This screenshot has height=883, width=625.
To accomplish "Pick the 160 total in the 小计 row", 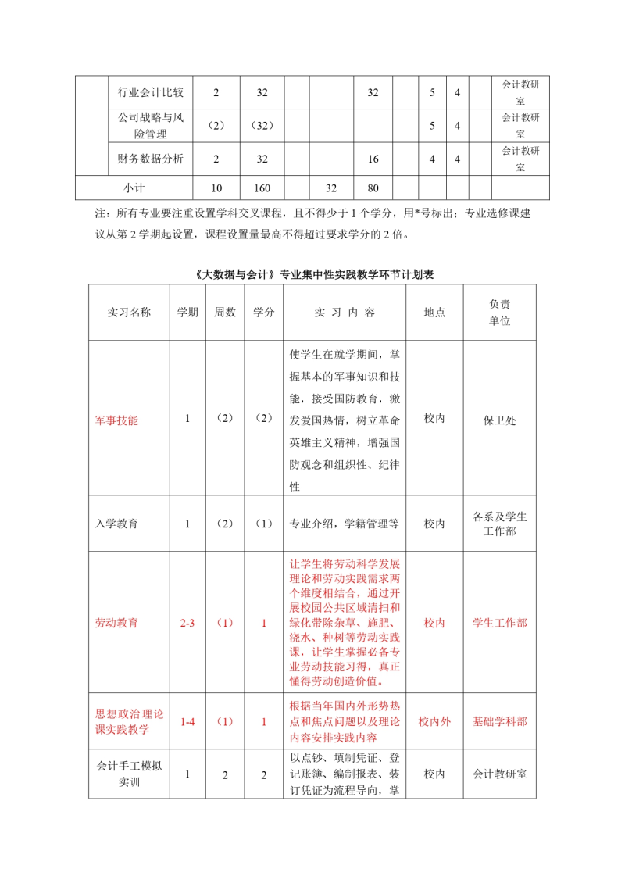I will (262, 188).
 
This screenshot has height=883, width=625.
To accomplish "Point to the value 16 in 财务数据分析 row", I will (373, 159).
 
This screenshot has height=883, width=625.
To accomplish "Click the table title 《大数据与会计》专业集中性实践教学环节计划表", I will (312, 275).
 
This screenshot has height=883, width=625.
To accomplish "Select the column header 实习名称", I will (129, 313).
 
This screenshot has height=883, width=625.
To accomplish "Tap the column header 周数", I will (225, 313).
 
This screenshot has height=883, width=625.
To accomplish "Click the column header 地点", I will (434, 313).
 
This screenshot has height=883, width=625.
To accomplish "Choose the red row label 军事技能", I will (116, 420).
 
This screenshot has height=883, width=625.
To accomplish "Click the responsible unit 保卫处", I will (500, 420).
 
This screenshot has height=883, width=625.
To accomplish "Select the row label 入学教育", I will (116, 524).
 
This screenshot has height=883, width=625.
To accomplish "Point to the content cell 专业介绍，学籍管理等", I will (345, 524).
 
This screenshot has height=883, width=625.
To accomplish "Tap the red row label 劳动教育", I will (116, 624).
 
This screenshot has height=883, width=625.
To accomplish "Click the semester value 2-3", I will (187, 624).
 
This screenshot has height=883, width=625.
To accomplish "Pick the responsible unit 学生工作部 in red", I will (500, 624).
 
